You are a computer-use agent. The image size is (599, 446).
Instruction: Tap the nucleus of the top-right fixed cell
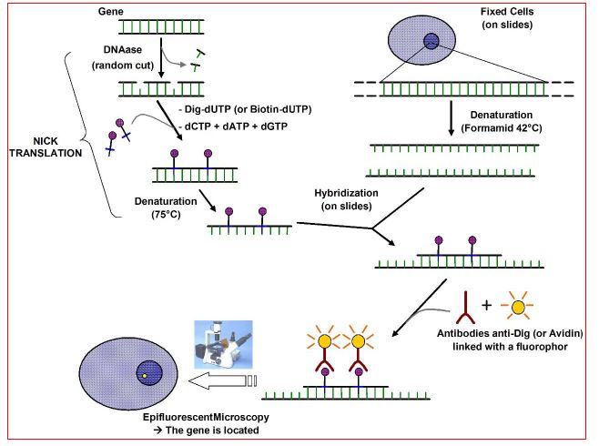point(431,40)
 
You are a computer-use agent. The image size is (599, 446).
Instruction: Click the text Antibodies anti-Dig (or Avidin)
point(518,336)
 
